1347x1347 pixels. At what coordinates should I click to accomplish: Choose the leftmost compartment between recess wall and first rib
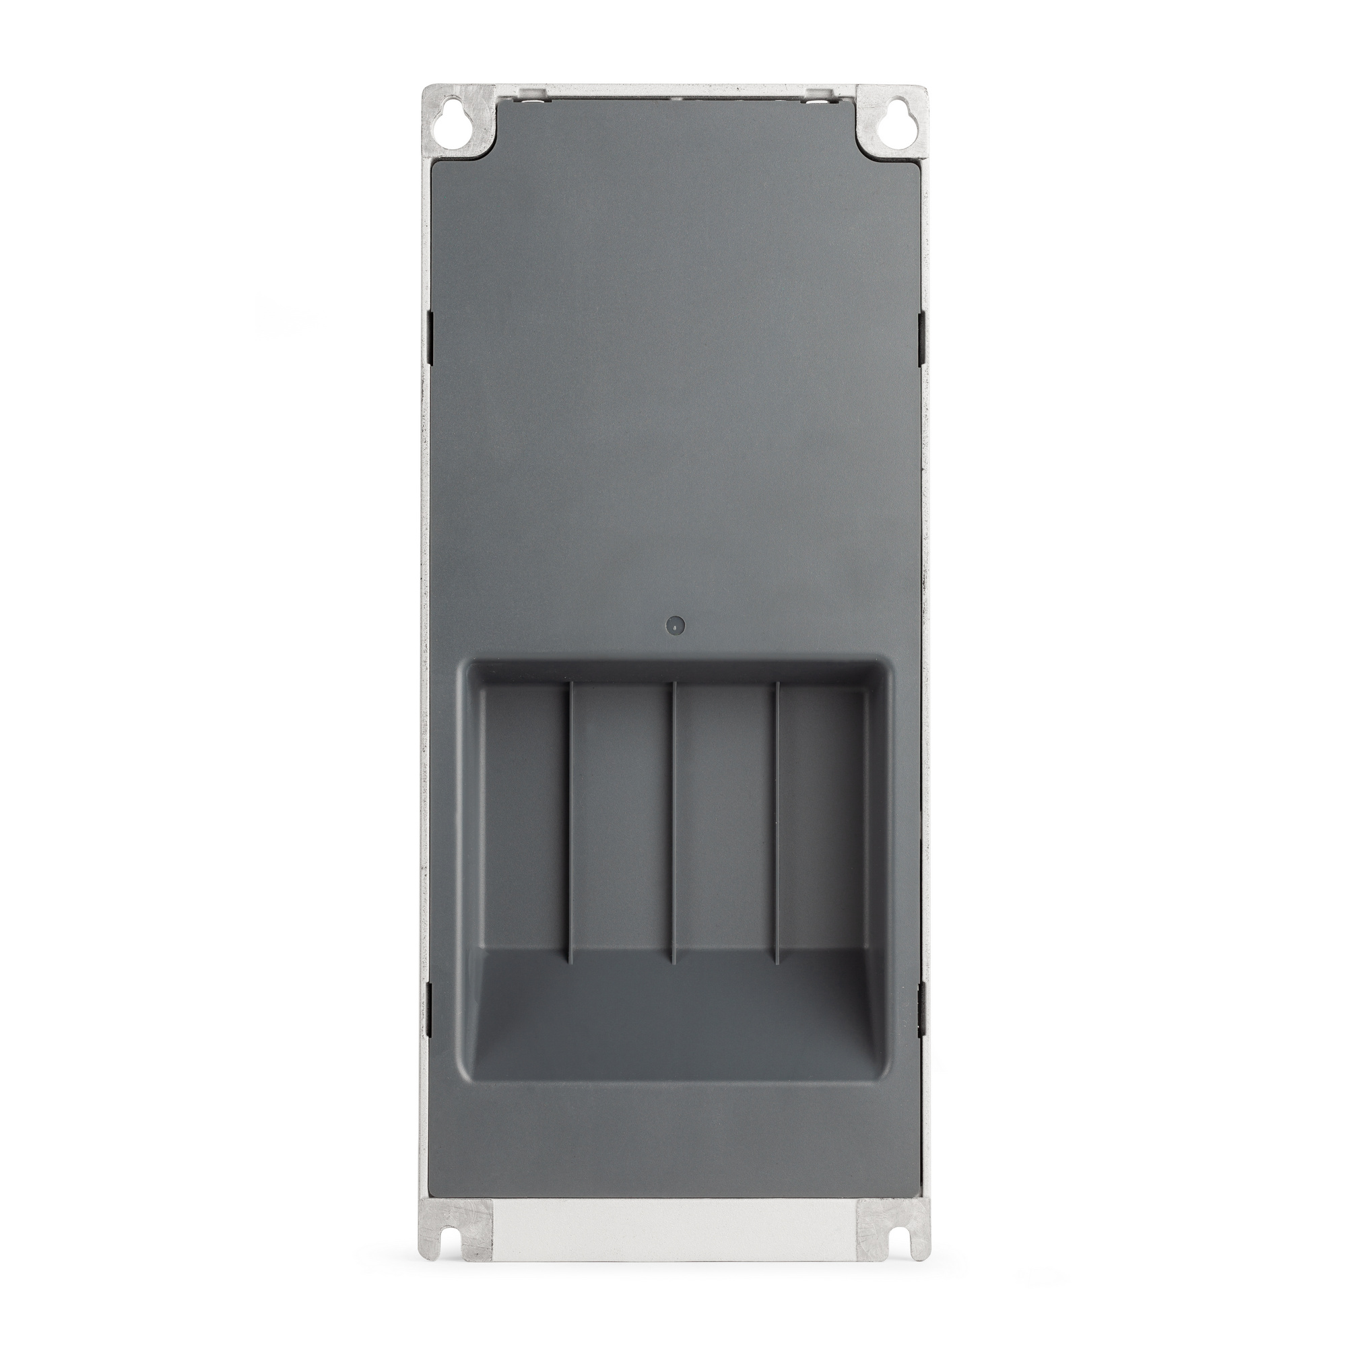523,816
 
